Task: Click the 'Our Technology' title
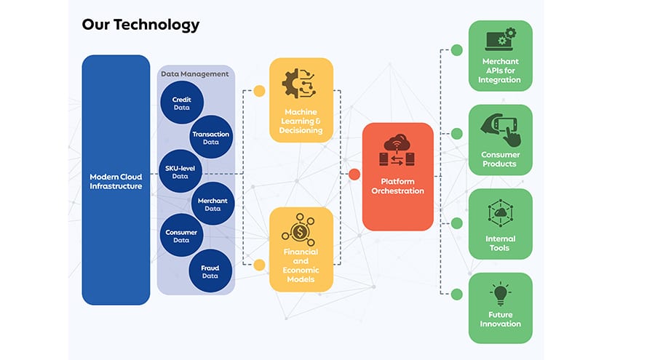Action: pos(140,25)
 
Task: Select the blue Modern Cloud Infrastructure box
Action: pos(116,180)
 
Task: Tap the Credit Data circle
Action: pos(181,103)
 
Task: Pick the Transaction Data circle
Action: pos(211,137)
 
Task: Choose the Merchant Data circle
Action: pos(212,204)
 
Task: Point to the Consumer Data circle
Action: pos(181,236)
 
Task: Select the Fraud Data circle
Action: pos(210,271)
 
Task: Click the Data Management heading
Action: pos(194,73)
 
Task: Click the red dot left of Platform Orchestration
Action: pos(354,175)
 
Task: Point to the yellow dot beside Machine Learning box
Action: pos(258,92)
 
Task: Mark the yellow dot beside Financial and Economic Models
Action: pos(258,264)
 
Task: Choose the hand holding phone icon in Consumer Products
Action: pos(500,127)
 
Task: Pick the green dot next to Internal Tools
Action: pos(457,223)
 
